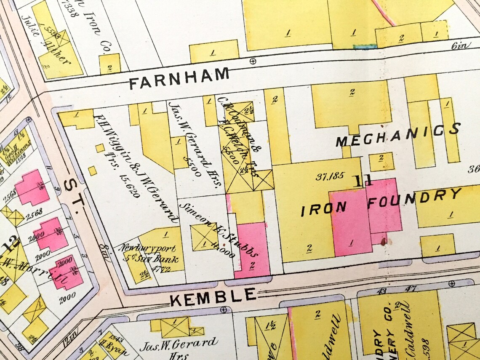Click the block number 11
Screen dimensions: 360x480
[x=363, y=181]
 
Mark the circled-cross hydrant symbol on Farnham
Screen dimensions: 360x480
[x=253, y=61]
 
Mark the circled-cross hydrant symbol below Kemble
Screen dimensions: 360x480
[x=224, y=310]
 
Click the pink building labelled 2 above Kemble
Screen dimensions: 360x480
[x=253, y=253]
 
